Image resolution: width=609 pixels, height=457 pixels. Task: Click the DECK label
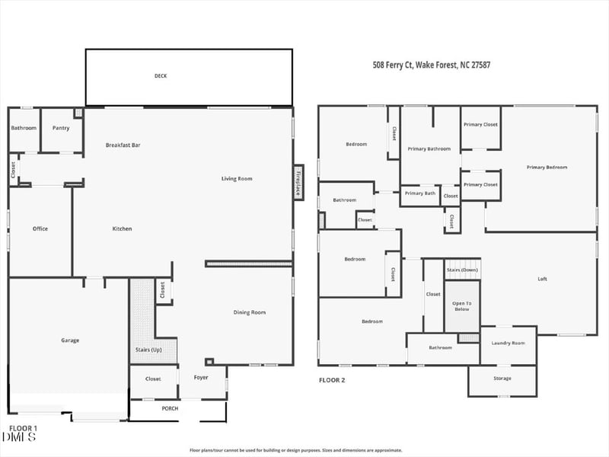point(161,76)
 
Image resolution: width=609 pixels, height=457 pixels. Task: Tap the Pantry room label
point(61,128)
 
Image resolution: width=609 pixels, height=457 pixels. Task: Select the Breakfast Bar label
point(123,145)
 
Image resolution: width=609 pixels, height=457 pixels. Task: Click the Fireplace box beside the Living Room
point(298,182)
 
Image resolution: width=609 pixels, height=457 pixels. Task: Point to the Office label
point(40,228)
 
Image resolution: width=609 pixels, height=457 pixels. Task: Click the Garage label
point(70,340)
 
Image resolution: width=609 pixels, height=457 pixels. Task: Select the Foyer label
point(201,378)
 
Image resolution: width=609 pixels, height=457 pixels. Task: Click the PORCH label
point(170,408)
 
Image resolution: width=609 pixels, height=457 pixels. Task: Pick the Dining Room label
point(249,312)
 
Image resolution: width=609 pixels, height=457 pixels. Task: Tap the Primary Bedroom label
point(547,168)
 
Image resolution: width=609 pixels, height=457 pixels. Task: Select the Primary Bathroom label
point(429,149)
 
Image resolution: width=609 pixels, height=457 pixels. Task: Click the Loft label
point(542,279)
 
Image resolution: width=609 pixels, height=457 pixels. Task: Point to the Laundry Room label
point(508,344)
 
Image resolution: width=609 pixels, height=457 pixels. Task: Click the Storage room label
point(502,379)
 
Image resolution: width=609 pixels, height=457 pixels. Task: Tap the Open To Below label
point(462,306)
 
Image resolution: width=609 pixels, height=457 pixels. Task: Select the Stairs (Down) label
point(462,270)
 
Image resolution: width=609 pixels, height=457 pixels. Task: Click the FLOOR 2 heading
point(332,379)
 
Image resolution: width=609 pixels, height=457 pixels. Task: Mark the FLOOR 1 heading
point(23,428)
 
